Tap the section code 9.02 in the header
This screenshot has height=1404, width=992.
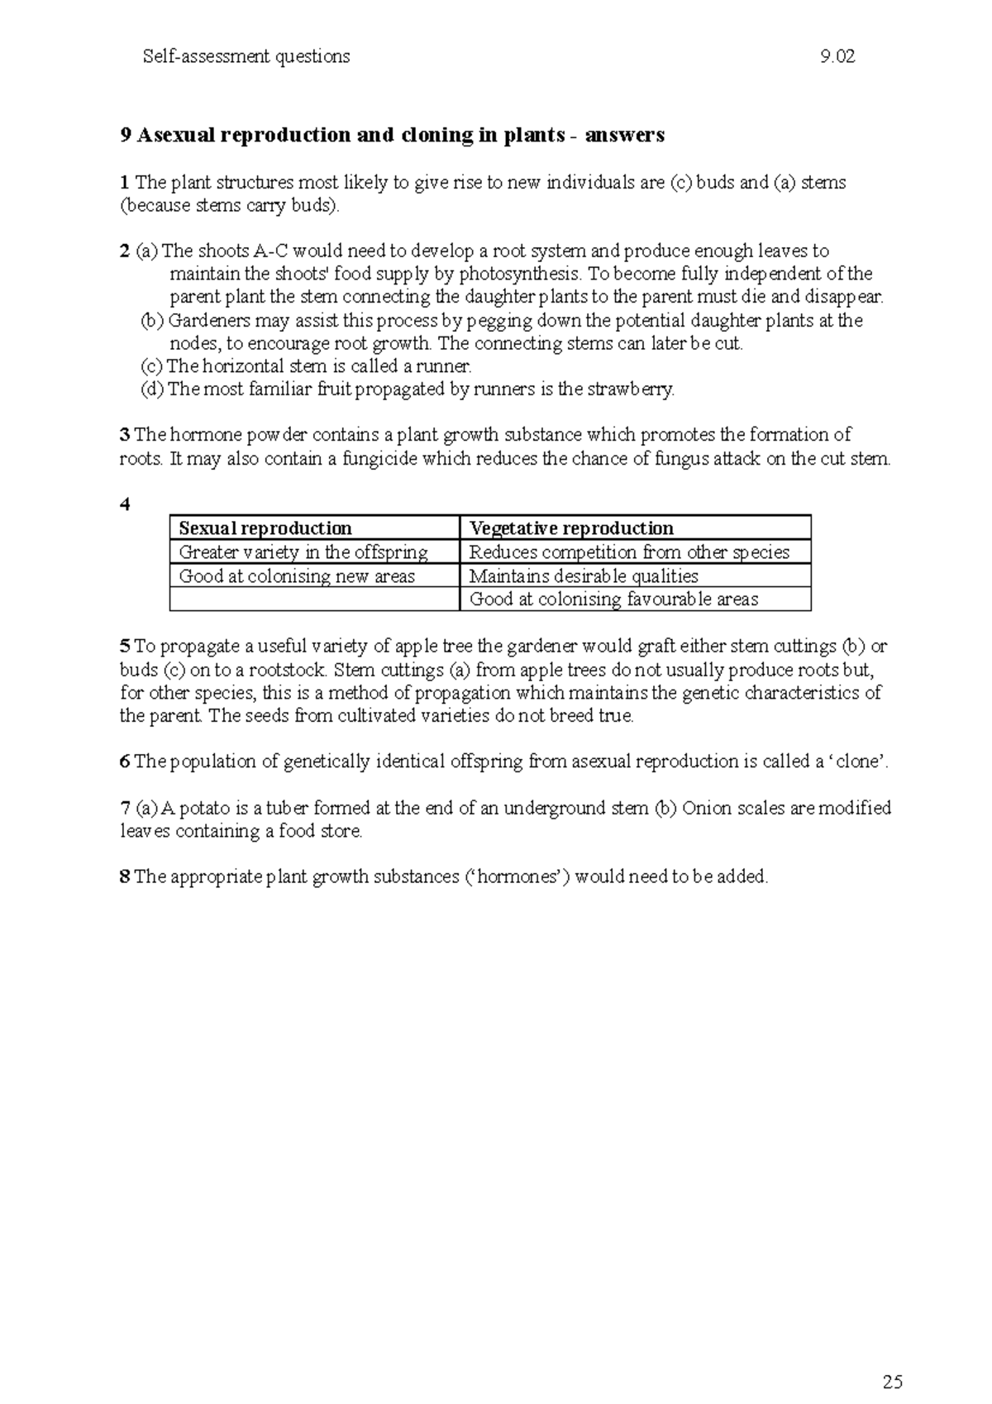pos(837,57)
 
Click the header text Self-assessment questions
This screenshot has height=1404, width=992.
pos(246,57)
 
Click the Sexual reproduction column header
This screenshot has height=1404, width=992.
pos(265,528)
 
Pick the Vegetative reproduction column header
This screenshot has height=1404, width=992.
pos(571,528)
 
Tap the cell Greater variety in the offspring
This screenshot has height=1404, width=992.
pos(303,552)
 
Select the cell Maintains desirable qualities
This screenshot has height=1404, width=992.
pos(584,576)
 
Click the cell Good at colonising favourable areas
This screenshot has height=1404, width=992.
pos(613,599)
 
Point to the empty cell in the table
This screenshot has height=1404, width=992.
pos(314,599)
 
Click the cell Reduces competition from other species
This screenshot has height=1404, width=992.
pos(629,552)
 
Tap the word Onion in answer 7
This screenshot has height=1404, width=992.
pos(704,808)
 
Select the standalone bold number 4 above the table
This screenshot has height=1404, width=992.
pos(125,504)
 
